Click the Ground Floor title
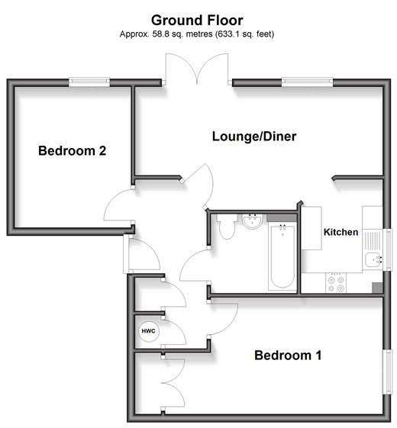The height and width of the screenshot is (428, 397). click(197, 21)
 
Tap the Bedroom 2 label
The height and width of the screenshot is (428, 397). click(72, 150)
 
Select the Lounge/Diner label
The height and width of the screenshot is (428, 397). click(254, 137)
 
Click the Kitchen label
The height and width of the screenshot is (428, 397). click(341, 232)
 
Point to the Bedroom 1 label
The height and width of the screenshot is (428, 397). click(288, 356)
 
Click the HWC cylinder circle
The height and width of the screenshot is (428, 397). click(149, 331)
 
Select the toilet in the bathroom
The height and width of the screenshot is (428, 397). click(227, 227)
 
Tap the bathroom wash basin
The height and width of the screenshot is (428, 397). click(253, 221)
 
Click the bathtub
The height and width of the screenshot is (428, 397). click(282, 256)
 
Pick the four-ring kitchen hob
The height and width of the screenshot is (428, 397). click(336, 283)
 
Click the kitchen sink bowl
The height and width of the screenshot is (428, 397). click(373, 261)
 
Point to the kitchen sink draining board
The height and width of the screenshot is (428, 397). click(373, 240)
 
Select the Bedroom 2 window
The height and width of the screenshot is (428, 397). click(89, 82)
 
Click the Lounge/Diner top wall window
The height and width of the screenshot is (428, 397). click(308, 82)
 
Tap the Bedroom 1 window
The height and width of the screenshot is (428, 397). click(387, 372)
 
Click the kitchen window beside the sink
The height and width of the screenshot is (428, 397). click(387, 249)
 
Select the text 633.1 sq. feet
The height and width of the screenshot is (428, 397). click(244, 34)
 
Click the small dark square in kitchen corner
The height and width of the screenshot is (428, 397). click(377, 288)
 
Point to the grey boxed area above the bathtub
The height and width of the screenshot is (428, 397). click(282, 218)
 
